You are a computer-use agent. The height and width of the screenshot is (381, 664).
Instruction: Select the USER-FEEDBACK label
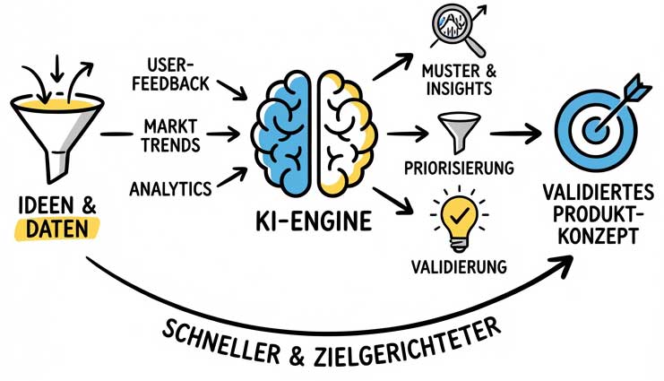tap(171, 74)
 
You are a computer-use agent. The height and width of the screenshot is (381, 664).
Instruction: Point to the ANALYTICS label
tap(170, 189)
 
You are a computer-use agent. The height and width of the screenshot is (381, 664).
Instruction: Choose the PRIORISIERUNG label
tap(460, 168)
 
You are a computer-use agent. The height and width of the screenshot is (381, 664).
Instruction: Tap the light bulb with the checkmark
tap(459, 218)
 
